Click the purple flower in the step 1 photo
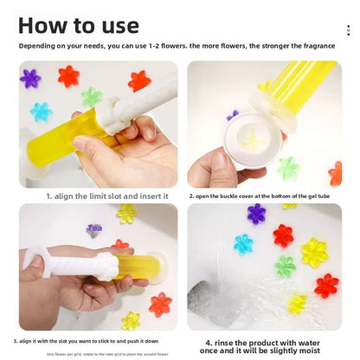pos(30,79)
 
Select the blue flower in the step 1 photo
pos(41,112)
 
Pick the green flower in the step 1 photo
pos(92,97)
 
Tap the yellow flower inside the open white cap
pos(250,138)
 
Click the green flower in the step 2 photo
pos(288,168)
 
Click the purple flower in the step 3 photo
pos(93,230)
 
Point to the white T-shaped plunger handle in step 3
pos(38,259)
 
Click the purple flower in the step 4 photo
pos(256,214)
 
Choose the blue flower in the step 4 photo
pos(243,244)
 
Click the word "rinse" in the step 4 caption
pos(223,341)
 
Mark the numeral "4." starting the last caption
pos(209,341)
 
